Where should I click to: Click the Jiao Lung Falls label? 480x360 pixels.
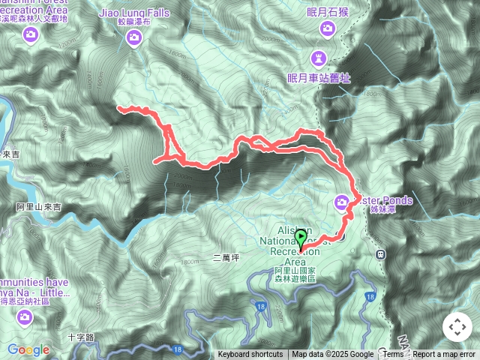click(134, 13)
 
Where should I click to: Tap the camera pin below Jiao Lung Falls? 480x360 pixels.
click(134, 37)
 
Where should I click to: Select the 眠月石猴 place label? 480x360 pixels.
click(327, 11)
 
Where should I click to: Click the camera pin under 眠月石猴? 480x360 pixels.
click(327, 29)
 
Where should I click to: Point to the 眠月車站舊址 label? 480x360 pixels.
click(319, 77)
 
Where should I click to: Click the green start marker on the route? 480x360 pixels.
click(301, 239)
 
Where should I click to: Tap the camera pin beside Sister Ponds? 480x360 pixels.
click(342, 202)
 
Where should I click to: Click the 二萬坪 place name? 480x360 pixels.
click(226, 257)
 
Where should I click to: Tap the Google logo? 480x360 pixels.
click(28, 349)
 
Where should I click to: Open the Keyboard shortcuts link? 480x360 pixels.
click(250, 355)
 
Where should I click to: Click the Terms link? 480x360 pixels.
click(393, 355)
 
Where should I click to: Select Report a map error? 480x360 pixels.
click(444, 355)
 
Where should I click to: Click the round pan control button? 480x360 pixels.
click(457, 328)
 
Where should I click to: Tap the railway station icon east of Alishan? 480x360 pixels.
click(380, 253)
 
